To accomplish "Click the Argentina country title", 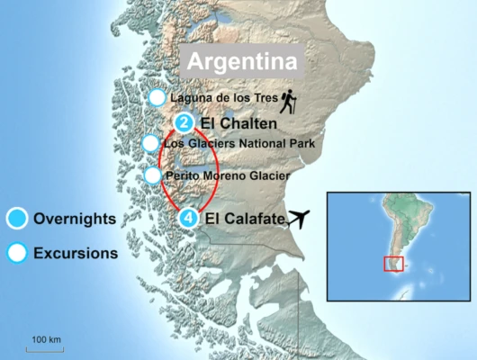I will click(x=241, y=63).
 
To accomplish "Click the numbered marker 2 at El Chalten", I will click(x=184, y=123).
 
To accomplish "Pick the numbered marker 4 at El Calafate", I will click(x=186, y=218).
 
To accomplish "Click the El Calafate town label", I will click(x=245, y=218).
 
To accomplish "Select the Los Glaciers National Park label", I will click(x=238, y=143).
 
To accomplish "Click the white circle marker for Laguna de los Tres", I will click(x=157, y=97).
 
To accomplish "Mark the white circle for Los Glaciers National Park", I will click(x=151, y=143).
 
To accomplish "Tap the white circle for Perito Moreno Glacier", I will click(x=152, y=175).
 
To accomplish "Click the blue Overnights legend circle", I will click(x=16, y=218).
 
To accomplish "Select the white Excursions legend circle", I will click(x=16, y=253).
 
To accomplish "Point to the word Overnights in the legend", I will click(x=74, y=218).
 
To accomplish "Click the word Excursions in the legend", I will click(x=76, y=253).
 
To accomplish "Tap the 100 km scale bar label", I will click(x=46, y=339).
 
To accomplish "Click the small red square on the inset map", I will click(x=393, y=264).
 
